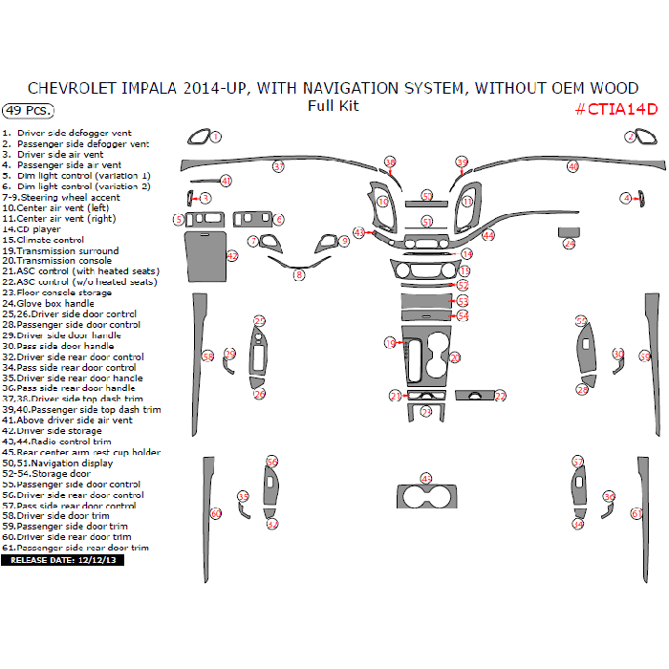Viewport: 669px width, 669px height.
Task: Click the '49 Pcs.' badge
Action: tap(28, 110)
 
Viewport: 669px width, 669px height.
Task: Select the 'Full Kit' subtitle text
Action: tap(333, 106)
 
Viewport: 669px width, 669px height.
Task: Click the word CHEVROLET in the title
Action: tap(73, 88)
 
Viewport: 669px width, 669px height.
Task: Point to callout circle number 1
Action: tap(216, 137)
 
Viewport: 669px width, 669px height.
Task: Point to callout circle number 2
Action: tap(631, 137)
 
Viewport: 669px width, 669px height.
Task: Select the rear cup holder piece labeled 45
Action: tap(426, 497)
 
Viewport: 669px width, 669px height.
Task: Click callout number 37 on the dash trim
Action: tap(278, 166)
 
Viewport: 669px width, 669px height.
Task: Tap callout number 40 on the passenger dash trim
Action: tap(572, 166)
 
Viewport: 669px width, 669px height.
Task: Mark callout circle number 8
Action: tap(299, 275)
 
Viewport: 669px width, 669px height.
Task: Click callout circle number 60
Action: tap(216, 513)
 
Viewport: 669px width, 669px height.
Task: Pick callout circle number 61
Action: tap(637, 513)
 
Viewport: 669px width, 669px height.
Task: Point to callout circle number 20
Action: tap(455, 357)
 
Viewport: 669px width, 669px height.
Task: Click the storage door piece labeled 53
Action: tap(426, 301)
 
